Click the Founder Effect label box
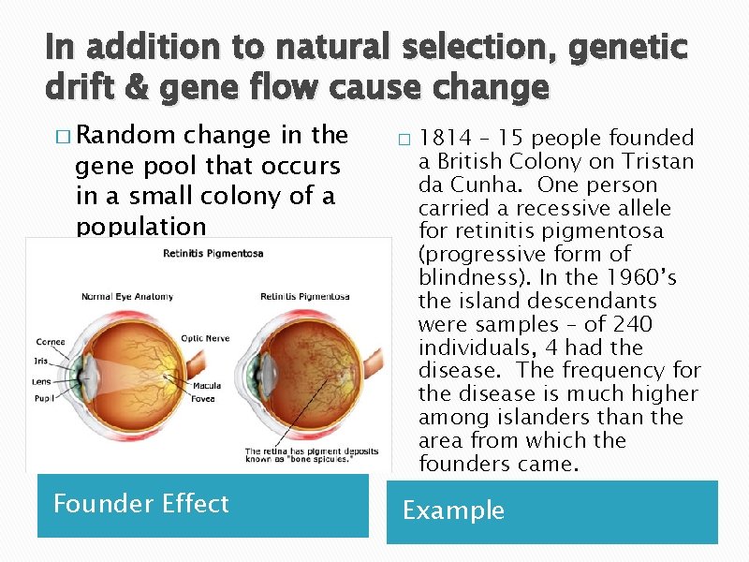[202, 505]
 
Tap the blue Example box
[551, 511]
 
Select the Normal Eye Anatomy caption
[127, 297]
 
